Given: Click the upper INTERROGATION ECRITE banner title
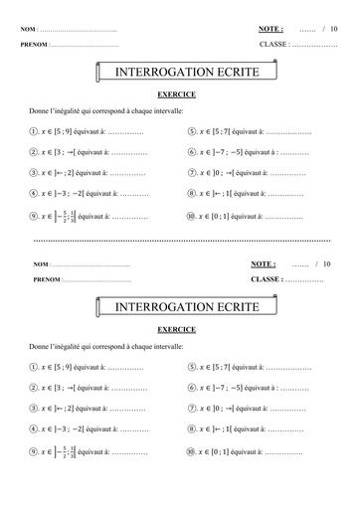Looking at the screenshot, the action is [179, 74].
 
